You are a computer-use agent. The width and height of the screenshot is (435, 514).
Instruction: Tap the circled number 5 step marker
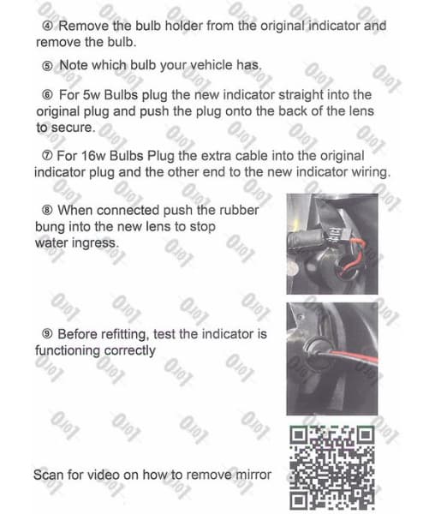click(48, 65)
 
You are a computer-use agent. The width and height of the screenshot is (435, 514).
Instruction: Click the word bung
click(51, 227)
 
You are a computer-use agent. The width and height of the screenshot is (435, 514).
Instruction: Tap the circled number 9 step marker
click(48, 333)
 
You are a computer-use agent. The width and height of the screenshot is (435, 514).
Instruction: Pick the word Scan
click(50, 474)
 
